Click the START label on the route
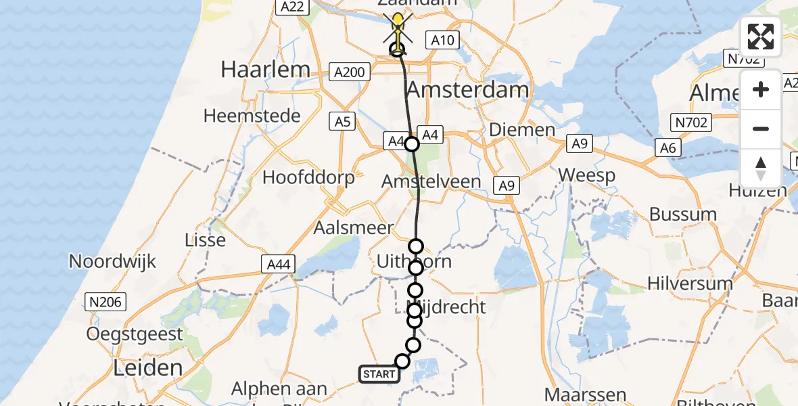[x=379, y=374]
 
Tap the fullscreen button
[x=761, y=37]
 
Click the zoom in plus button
[x=761, y=90]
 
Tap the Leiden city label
[x=147, y=368]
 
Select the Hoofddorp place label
[x=308, y=178]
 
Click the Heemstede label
[x=252, y=116]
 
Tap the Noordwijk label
[x=112, y=261]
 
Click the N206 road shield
[x=105, y=302]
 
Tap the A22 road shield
[x=292, y=7]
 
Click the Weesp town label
[x=586, y=176]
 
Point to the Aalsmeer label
[x=353, y=228]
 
